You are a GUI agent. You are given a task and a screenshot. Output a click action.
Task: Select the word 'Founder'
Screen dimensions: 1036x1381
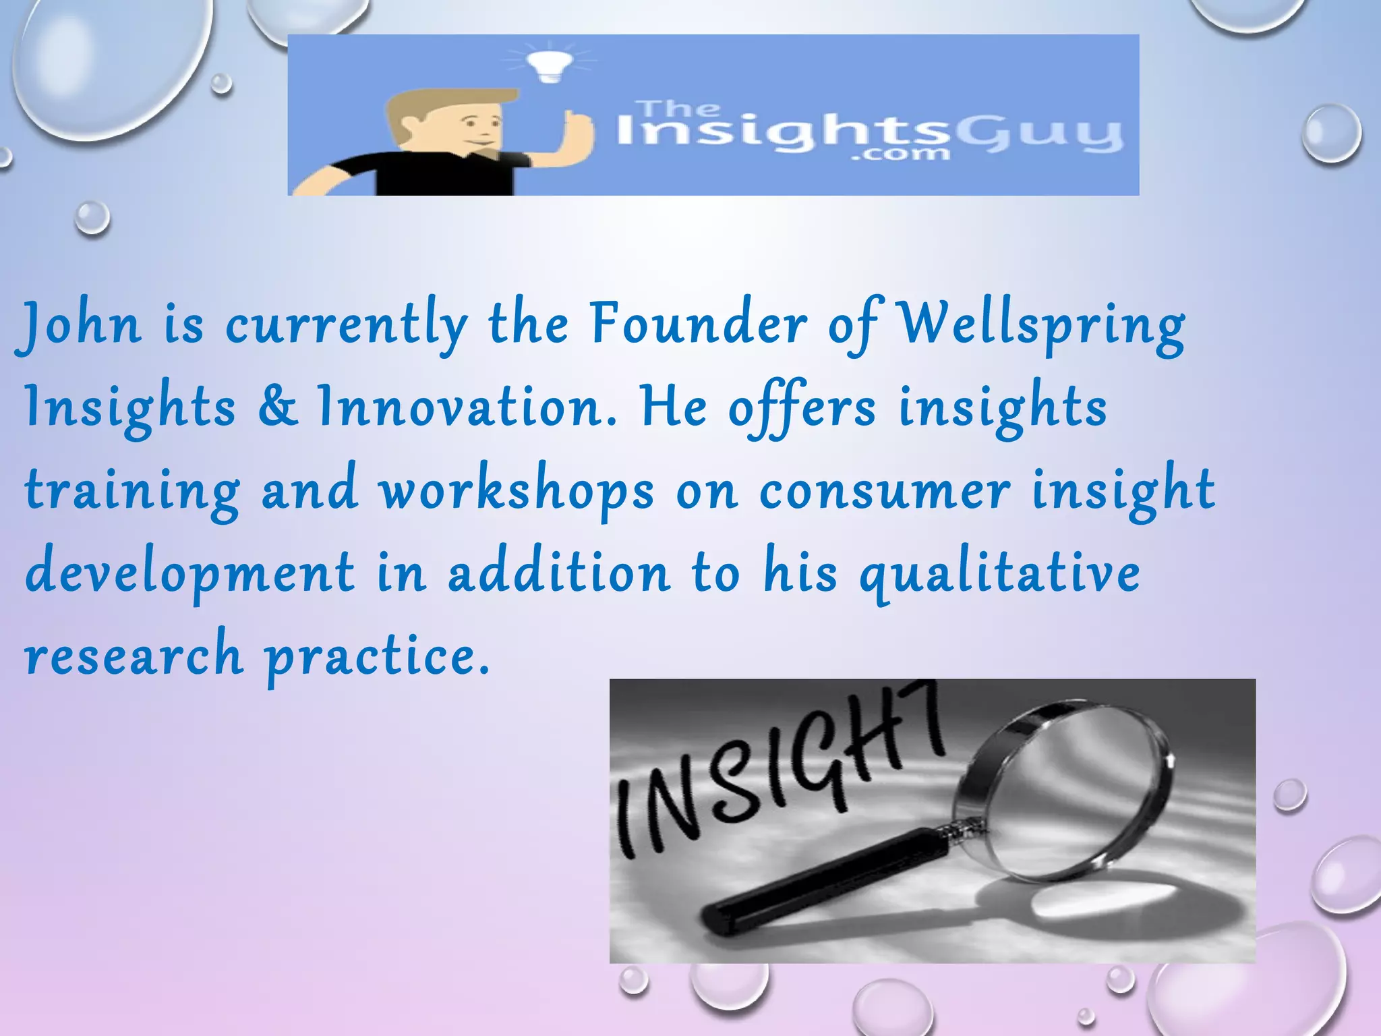698,324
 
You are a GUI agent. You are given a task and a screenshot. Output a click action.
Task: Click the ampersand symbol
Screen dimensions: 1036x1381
277,407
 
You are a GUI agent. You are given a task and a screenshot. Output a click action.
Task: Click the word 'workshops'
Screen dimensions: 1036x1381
517,491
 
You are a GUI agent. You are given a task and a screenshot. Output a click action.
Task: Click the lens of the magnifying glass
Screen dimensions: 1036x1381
1072,789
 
